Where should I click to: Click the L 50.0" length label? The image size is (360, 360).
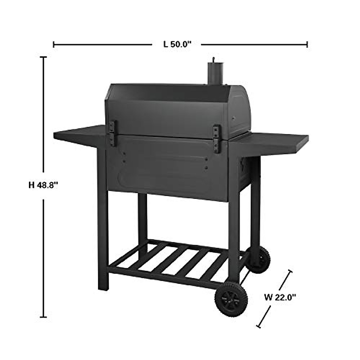click(177, 45)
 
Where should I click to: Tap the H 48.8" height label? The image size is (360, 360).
click(43, 185)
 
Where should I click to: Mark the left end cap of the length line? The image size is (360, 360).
click(54, 45)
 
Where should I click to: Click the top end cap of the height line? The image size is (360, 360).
click(44, 57)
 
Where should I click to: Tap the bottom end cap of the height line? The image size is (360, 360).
click(44, 317)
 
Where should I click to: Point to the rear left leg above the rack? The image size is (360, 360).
click(143, 216)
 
